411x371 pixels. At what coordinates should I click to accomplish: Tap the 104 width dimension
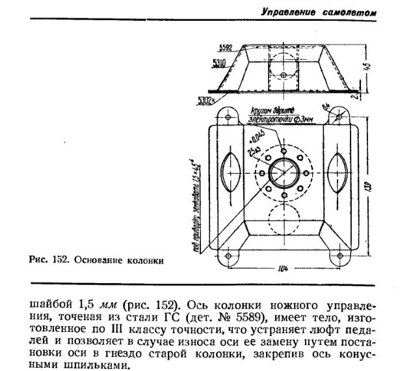[x=284, y=269]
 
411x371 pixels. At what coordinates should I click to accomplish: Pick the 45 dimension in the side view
[x=369, y=67]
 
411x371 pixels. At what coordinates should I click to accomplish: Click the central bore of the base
[x=284, y=173]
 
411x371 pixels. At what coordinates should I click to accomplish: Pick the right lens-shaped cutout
[x=338, y=173]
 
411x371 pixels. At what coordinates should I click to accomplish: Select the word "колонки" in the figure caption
[x=144, y=262]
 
